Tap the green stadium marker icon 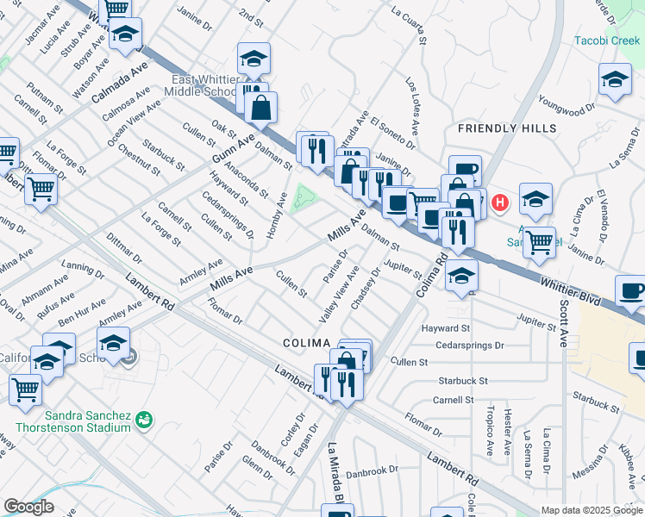point(143,420)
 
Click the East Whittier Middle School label point(204,85)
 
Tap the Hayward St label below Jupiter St point(446,328)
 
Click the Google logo point(28,507)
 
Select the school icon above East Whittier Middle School point(254,59)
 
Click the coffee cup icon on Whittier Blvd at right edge point(631,292)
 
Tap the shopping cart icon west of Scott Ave point(539,242)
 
